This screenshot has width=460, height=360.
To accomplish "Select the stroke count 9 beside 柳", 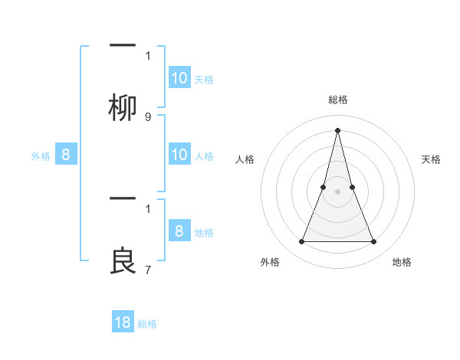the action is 148,117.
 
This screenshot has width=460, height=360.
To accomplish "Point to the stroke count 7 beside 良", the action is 148,269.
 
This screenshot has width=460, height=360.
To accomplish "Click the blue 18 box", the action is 123,322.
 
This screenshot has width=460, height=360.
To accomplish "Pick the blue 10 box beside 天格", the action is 179,78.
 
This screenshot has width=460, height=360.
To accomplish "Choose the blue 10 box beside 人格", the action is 179,155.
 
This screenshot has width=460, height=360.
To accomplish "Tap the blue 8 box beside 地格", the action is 179,231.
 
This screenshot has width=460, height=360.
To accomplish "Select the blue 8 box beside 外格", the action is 66,155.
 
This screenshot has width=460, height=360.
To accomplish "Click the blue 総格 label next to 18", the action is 147,324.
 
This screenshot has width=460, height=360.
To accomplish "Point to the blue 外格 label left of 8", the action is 41,156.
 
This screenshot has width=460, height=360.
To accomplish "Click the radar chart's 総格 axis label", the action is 338,100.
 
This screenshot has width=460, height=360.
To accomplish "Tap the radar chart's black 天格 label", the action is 431,159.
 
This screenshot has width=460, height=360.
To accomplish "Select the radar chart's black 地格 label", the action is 402,262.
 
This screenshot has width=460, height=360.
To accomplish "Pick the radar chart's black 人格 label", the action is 245,159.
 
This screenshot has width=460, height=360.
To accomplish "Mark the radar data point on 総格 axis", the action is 338,130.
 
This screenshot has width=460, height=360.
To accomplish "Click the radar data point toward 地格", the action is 374,242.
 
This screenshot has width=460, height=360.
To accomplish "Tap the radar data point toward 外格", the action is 301,242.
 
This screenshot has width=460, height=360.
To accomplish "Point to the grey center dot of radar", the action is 338,191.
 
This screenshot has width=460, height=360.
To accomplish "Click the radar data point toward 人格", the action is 324,187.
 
